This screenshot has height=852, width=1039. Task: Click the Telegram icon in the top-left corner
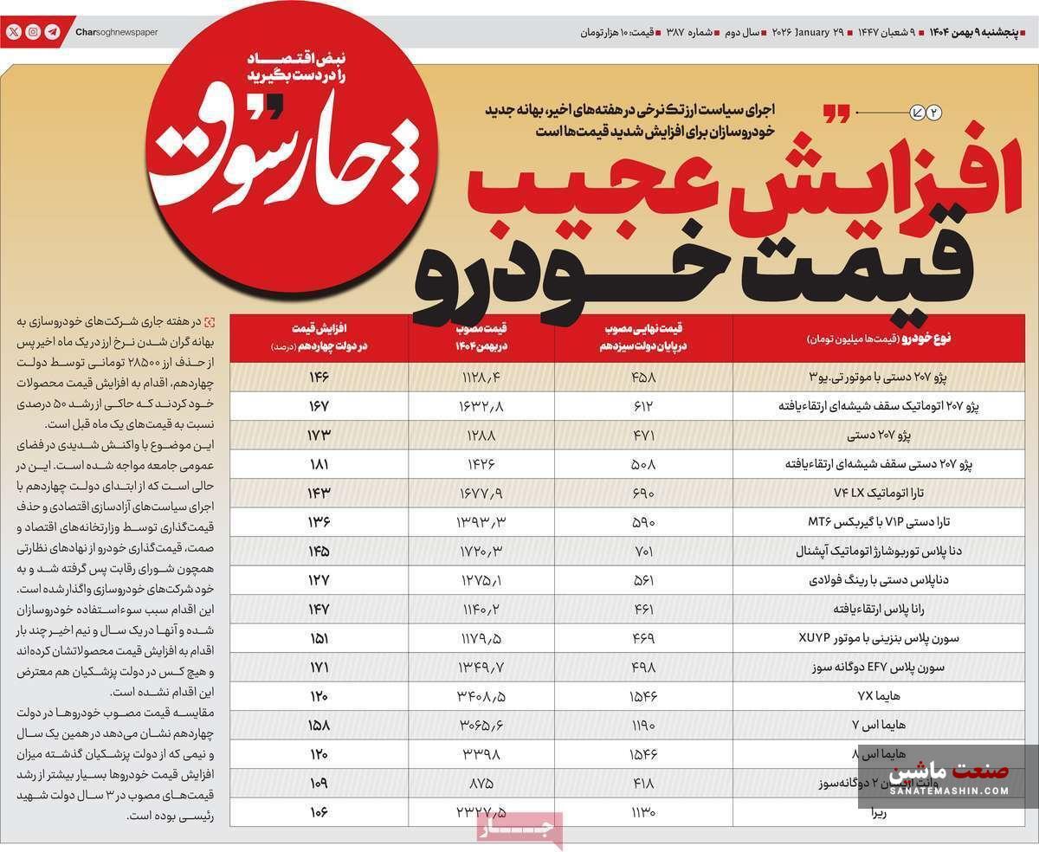(52, 32)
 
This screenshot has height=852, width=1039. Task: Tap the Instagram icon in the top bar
(33, 32)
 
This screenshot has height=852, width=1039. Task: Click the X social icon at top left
(14, 32)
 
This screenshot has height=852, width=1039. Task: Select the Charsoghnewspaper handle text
(116, 32)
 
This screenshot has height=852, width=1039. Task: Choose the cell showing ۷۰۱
(643, 551)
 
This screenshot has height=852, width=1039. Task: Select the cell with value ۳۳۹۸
(482, 754)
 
